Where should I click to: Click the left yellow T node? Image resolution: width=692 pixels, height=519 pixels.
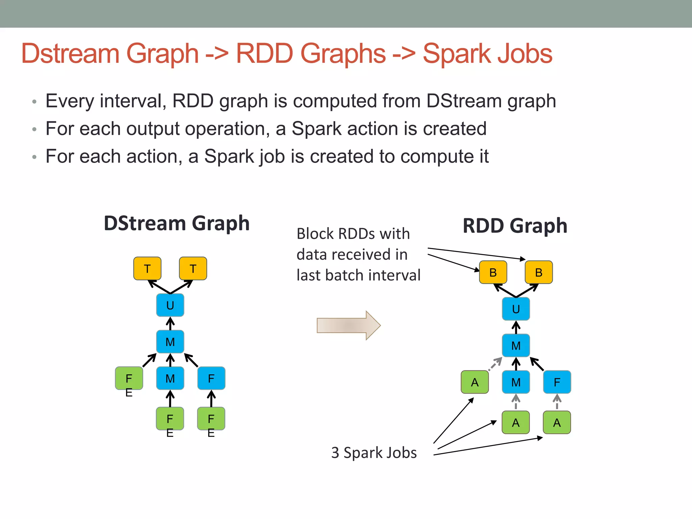pyautogui.click(x=147, y=269)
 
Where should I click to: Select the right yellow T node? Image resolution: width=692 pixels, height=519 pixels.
pyautogui.click(x=193, y=269)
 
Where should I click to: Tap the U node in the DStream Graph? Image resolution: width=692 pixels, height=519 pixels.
pyautogui.click(x=170, y=305)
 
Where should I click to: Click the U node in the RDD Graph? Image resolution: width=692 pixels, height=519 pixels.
pyautogui.click(x=516, y=309)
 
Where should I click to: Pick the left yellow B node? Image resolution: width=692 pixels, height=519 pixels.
pyautogui.click(x=493, y=272)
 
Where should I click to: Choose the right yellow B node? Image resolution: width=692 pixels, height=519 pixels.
pyautogui.click(x=539, y=272)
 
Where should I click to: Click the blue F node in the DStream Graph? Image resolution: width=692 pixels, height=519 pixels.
pyautogui.click(x=211, y=378)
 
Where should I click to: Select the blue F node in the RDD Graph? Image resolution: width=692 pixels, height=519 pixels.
pyautogui.click(x=557, y=382)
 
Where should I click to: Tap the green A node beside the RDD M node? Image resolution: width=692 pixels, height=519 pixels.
pyautogui.click(x=475, y=382)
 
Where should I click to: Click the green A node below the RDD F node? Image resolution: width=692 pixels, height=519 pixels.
pyautogui.click(x=557, y=422)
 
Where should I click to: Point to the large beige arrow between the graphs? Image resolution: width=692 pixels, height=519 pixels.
pyautogui.click(x=348, y=325)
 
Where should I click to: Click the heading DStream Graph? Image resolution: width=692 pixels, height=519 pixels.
pyautogui.click(x=176, y=223)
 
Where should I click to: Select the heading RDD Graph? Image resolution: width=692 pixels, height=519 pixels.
pyautogui.click(x=515, y=226)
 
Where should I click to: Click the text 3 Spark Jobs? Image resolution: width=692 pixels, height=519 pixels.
pyautogui.click(x=374, y=452)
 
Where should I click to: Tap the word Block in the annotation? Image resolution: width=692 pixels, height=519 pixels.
pyautogui.click(x=315, y=234)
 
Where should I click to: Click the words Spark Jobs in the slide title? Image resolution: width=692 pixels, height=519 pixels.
pyautogui.click(x=487, y=53)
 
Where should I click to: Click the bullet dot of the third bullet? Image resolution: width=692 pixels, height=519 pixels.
pyautogui.click(x=34, y=157)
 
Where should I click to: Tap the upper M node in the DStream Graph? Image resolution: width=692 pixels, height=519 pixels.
pyautogui.click(x=170, y=342)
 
